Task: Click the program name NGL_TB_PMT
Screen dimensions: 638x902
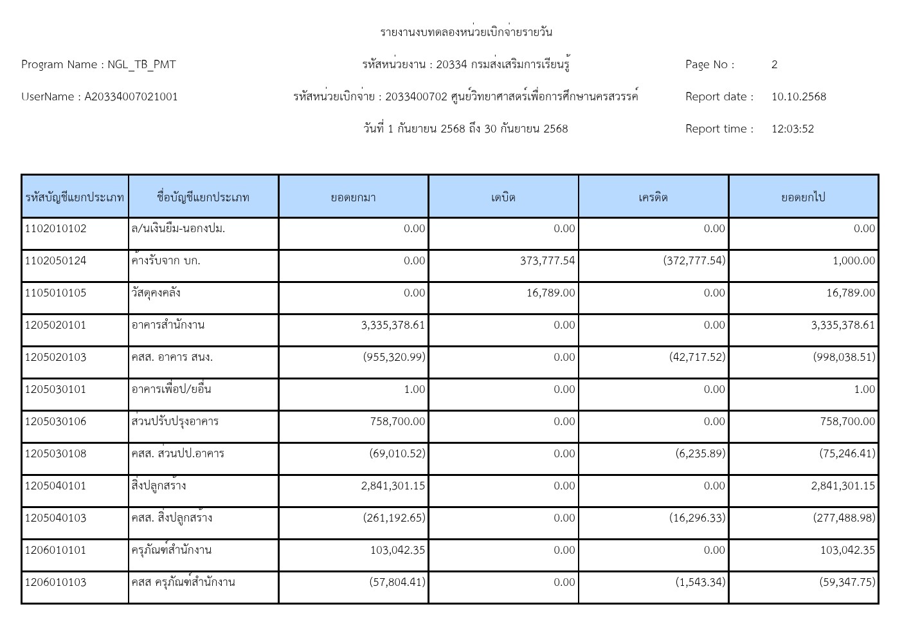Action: (x=141, y=64)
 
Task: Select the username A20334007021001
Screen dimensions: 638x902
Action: (x=131, y=96)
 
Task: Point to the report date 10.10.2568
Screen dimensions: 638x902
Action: (x=798, y=96)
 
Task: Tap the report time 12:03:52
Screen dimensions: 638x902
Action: (x=792, y=129)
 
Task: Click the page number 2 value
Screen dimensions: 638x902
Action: (x=774, y=64)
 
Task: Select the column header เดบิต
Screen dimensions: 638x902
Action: (x=503, y=197)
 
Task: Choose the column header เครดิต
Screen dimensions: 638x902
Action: (x=653, y=197)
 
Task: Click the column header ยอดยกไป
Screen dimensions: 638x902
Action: (x=803, y=197)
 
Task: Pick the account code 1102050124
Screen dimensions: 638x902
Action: (x=55, y=260)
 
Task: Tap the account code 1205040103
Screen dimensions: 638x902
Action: (x=55, y=518)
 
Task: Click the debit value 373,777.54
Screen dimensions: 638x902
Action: (x=547, y=260)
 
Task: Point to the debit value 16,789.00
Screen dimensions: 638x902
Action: (x=550, y=293)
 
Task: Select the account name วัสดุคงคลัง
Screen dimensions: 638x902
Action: (x=156, y=293)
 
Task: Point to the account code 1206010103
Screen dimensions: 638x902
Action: (x=55, y=582)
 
